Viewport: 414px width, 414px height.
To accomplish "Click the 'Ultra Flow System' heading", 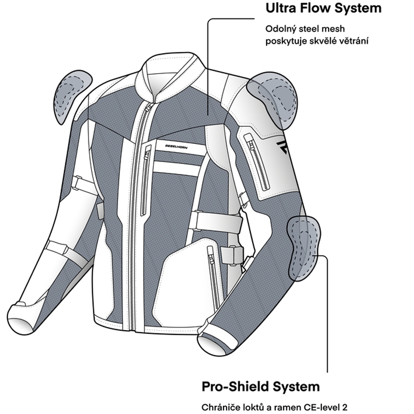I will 323,9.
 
